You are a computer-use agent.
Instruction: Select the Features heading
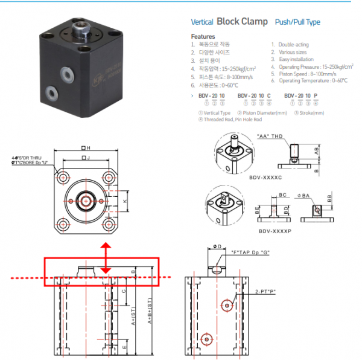coord(203,36)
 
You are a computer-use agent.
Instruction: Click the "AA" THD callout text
coord(270,136)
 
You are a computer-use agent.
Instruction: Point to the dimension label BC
coord(282,196)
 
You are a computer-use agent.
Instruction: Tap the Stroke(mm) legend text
coord(310,112)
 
